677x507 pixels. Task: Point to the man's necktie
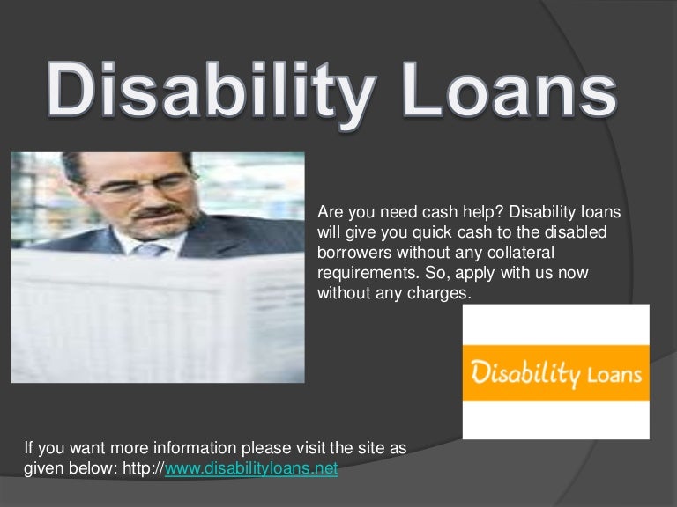[151, 251]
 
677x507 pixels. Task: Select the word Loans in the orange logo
[614, 375]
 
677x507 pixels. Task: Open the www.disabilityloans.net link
[252, 469]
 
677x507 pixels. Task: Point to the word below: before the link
[85, 469]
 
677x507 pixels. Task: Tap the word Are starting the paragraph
[329, 212]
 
